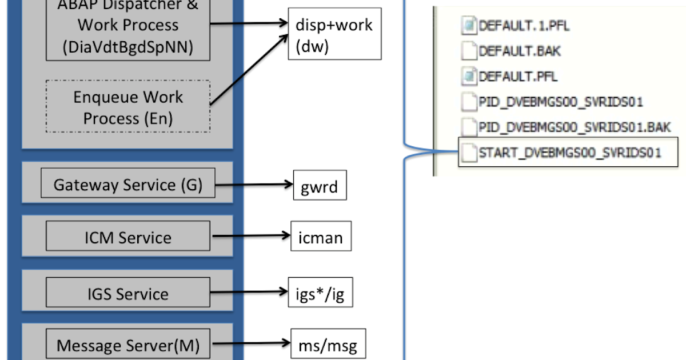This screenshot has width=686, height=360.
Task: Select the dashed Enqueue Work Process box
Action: [x=127, y=107]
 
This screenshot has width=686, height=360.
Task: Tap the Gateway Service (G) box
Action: [x=127, y=185]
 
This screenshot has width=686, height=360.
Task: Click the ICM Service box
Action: [x=127, y=237]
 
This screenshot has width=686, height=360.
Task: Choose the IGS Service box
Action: [x=127, y=294]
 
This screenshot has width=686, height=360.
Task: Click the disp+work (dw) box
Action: [x=334, y=35]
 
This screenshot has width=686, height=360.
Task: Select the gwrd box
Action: [x=320, y=185]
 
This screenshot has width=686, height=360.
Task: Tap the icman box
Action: [x=320, y=237]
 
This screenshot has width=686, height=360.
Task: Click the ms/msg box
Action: [x=328, y=345]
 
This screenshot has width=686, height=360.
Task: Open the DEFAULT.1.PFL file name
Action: [x=524, y=26]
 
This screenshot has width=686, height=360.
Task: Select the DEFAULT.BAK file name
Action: [x=520, y=51]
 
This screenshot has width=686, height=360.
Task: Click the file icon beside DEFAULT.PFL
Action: [x=469, y=76]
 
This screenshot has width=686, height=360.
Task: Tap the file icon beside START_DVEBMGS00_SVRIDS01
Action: [x=469, y=153]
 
